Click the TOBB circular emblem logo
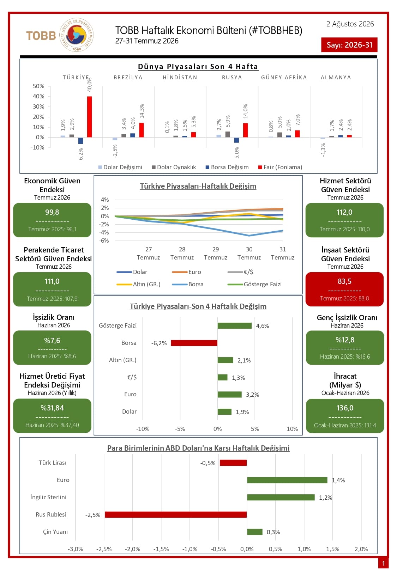point(76,35)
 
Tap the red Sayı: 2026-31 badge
point(349,45)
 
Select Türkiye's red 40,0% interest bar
point(89,117)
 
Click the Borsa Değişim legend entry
point(227,167)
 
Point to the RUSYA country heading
point(232,78)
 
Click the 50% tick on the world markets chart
point(38,86)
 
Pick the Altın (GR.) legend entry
point(138,284)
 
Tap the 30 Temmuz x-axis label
point(249,253)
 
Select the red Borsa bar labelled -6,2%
point(194,343)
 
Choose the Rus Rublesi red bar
point(176,514)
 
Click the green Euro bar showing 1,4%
point(287,480)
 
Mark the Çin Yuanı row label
point(55,532)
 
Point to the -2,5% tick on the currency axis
point(104,549)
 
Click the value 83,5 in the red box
point(344,281)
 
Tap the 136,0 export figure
point(345,408)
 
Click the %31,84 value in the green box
point(52,408)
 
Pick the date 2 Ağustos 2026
point(350,24)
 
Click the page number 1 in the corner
point(383,563)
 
